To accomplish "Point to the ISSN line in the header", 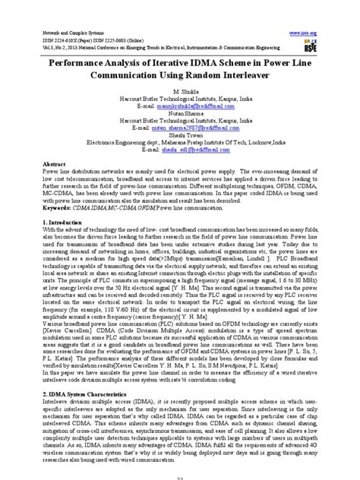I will coord(90,40).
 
